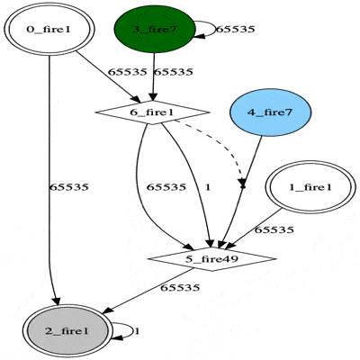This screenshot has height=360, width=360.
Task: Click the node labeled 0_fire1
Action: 49,30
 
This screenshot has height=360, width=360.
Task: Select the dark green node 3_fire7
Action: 155,29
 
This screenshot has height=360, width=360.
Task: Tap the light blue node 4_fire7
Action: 270,112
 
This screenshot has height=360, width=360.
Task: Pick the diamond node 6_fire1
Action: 152,112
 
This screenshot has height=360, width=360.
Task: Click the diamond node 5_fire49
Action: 211,259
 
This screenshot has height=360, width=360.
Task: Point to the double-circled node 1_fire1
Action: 310,187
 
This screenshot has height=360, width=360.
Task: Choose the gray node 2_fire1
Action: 67,331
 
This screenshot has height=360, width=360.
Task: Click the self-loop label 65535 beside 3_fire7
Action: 235,30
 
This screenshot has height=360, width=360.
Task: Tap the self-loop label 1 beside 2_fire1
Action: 137,331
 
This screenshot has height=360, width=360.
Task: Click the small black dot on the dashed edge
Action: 243,187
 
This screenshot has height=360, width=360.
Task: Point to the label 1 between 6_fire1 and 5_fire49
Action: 208,187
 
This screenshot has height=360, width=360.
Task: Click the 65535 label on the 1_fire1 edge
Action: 274,230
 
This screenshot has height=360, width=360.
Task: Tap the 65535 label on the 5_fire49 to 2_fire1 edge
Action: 180,288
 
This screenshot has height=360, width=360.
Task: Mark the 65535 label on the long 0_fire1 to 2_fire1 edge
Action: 69,187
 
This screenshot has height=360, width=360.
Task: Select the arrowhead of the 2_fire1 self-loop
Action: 118,337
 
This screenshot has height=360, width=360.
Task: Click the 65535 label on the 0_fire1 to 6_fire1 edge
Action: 127,72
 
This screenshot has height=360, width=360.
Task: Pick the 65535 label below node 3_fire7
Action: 173,72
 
